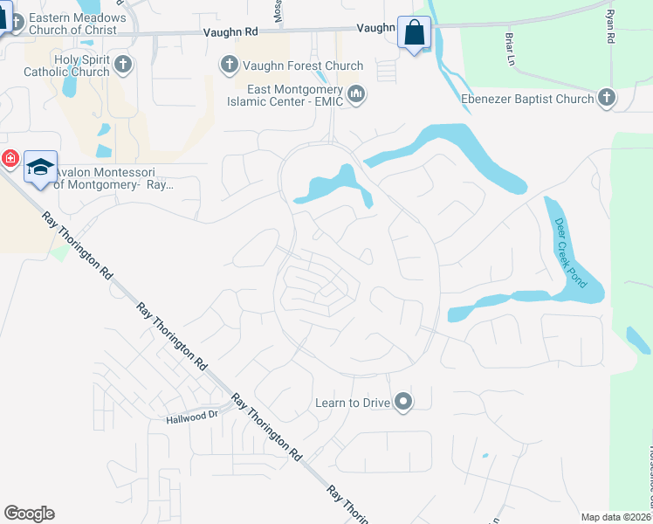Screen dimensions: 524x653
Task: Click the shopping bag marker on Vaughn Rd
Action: click(415, 34)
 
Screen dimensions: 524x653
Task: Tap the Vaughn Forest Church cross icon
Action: click(229, 65)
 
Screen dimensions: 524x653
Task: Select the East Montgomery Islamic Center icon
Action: click(355, 94)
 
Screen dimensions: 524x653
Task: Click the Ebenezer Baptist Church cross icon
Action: click(607, 98)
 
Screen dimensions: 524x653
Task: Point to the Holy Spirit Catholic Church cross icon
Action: click(123, 64)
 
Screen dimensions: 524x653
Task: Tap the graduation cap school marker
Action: click(40, 167)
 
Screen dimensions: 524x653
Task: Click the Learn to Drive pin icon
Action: click(402, 403)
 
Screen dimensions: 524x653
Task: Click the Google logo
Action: click(29, 513)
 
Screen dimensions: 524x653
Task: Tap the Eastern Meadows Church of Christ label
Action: click(77, 24)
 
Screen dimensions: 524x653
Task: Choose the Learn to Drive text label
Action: click(353, 403)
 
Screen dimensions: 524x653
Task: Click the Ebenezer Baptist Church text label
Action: click(527, 99)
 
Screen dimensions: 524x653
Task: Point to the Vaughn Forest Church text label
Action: click(292, 65)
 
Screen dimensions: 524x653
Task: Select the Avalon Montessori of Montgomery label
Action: click(113, 178)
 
